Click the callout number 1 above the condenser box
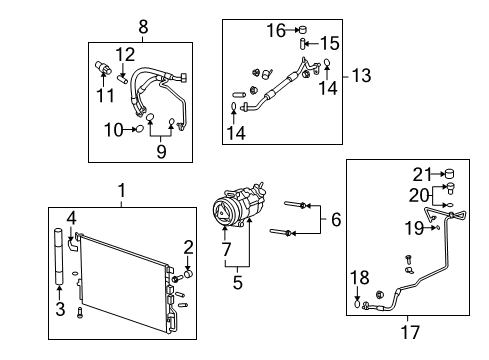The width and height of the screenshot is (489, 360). point(121,190)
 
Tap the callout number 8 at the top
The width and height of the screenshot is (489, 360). point(142,27)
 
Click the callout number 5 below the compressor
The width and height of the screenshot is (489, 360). point(236,282)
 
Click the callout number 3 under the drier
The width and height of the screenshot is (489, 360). point(60,310)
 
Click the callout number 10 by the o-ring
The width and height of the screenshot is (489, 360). point(117,130)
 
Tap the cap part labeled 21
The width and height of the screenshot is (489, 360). point(449,175)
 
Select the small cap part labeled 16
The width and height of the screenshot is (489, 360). point(300,30)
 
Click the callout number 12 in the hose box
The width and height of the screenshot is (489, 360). point(124,53)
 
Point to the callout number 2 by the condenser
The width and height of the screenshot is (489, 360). point(186,248)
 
